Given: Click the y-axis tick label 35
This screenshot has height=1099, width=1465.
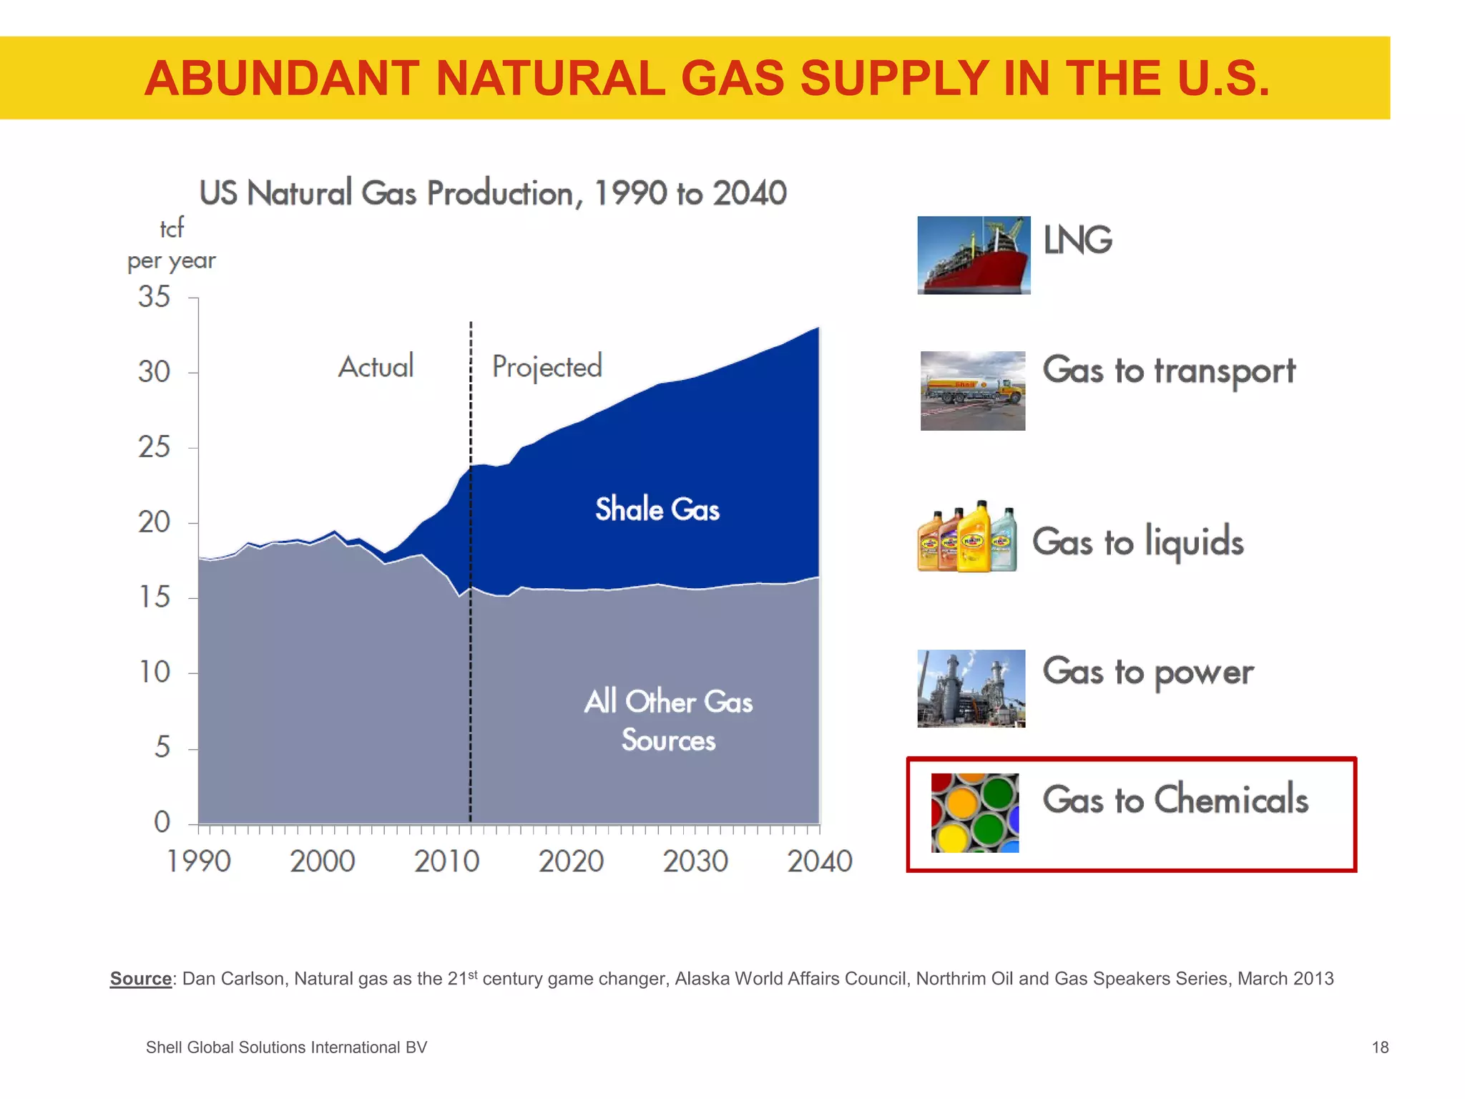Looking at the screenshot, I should click(154, 297).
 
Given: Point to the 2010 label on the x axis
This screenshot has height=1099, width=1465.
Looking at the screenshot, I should click(446, 861).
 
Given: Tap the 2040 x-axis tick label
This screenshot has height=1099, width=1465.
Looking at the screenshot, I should click(820, 861).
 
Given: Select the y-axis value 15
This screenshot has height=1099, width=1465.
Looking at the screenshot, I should click(154, 597).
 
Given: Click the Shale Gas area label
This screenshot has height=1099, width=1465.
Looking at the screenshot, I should click(657, 509).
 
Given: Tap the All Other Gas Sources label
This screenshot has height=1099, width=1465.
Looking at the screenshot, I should click(668, 720).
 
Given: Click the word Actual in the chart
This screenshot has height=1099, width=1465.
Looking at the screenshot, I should click(376, 366).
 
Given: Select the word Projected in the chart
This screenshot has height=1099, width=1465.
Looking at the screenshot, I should click(547, 367).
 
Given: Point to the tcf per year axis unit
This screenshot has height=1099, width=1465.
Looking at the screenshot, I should click(171, 245).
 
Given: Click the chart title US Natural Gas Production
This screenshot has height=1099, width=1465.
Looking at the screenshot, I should click(492, 193).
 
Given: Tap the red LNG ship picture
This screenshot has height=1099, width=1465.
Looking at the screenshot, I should click(974, 255).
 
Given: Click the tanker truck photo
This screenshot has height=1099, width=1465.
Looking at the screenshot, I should click(972, 391).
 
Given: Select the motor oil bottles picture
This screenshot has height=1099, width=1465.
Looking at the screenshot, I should click(967, 537).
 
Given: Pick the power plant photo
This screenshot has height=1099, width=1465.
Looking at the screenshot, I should click(971, 688).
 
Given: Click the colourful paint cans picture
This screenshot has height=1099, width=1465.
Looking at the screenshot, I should click(974, 813).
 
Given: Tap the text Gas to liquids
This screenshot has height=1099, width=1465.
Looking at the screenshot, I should click(1137, 542).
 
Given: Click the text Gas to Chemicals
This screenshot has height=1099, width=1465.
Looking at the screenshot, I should click(1175, 799).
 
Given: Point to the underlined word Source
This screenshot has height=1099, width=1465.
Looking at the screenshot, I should click(140, 979).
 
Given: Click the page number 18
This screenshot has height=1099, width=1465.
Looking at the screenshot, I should click(1380, 1047).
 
